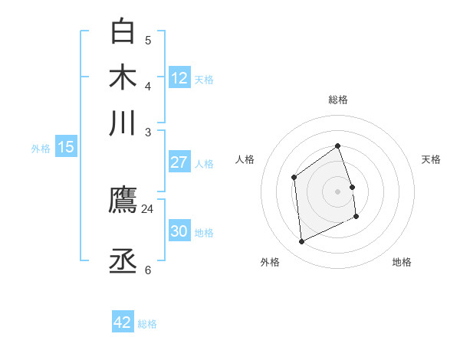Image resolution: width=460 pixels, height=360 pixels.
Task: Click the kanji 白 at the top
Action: [123, 31]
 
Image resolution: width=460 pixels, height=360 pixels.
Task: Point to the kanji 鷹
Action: [123, 201]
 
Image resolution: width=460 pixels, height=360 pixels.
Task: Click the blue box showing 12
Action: [179, 77]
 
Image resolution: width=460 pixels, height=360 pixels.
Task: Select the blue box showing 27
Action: [179, 162]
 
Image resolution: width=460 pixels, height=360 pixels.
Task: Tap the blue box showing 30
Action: [179, 231]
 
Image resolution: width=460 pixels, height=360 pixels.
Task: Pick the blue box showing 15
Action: [66, 147]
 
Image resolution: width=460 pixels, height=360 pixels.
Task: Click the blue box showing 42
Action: [123, 322]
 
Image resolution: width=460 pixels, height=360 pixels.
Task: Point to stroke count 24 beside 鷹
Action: [148, 208]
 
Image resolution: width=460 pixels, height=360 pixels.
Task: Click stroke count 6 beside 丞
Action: [148, 270]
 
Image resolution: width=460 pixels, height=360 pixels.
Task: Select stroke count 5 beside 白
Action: [148, 40]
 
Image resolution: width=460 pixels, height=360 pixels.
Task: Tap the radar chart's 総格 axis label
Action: [338, 100]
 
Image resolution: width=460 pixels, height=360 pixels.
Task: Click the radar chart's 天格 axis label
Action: [431, 159]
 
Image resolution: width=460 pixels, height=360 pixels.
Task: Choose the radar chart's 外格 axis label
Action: [270, 262]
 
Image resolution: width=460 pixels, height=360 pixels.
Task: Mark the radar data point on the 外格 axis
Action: [301, 242]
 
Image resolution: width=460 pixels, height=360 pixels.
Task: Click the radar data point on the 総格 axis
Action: [337, 146]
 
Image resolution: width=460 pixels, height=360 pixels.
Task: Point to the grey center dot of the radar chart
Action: [337, 191]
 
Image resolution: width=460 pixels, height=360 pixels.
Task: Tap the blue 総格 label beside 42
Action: [147, 324]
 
